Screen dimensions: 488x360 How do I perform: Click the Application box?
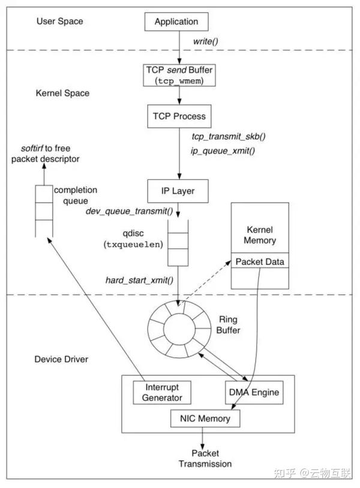point(176,22)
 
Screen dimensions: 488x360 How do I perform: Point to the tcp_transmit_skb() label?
point(229,137)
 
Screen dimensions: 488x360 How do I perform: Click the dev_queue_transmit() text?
point(129,211)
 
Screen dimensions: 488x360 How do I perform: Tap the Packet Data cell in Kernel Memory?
point(260,262)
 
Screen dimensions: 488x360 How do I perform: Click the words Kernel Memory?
point(261,235)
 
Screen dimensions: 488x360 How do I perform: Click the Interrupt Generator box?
point(158,392)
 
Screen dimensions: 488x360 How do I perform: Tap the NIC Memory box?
point(205,418)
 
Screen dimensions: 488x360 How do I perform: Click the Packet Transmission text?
point(205,459)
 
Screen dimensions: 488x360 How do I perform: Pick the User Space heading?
point(59,22)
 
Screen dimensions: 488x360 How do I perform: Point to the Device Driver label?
point(62,359)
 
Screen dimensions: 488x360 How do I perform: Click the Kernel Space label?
point(62,94)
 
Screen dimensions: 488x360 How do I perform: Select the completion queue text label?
point(76,195)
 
